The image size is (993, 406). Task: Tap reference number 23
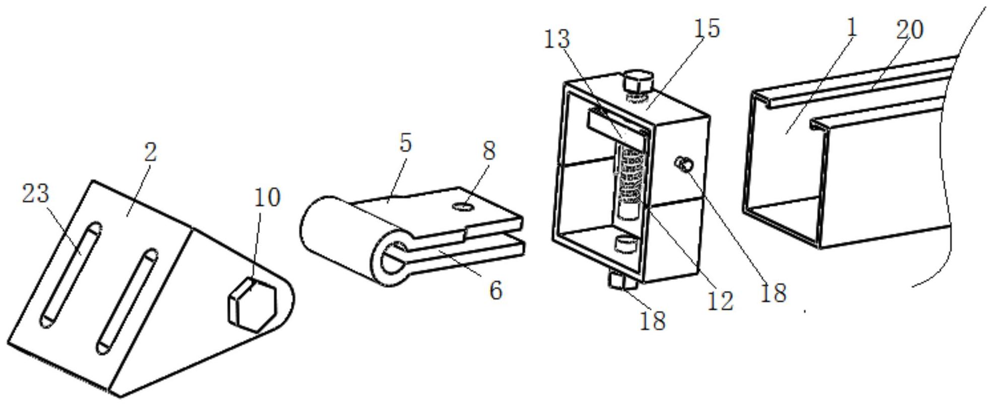[x=36, y=194]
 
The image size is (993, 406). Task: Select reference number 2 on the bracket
[x=150, y=152]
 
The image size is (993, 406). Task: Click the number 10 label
[x=267, y=198]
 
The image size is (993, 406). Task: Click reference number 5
[x=405, y=143]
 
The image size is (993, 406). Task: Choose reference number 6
[x=496, y=291]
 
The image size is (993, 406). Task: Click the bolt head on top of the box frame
[x=639, y=82]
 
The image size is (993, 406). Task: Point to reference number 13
[x=557, y=39]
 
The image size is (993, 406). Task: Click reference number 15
[x=707, y=28]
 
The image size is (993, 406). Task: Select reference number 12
[x=720, y=301]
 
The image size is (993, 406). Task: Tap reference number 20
[x=910, y=30]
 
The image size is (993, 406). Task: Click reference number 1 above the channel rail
[x=851, y=28]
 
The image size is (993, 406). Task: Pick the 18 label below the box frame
[x=653, y=321]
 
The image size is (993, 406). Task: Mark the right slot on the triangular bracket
[x=127, y=301]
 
